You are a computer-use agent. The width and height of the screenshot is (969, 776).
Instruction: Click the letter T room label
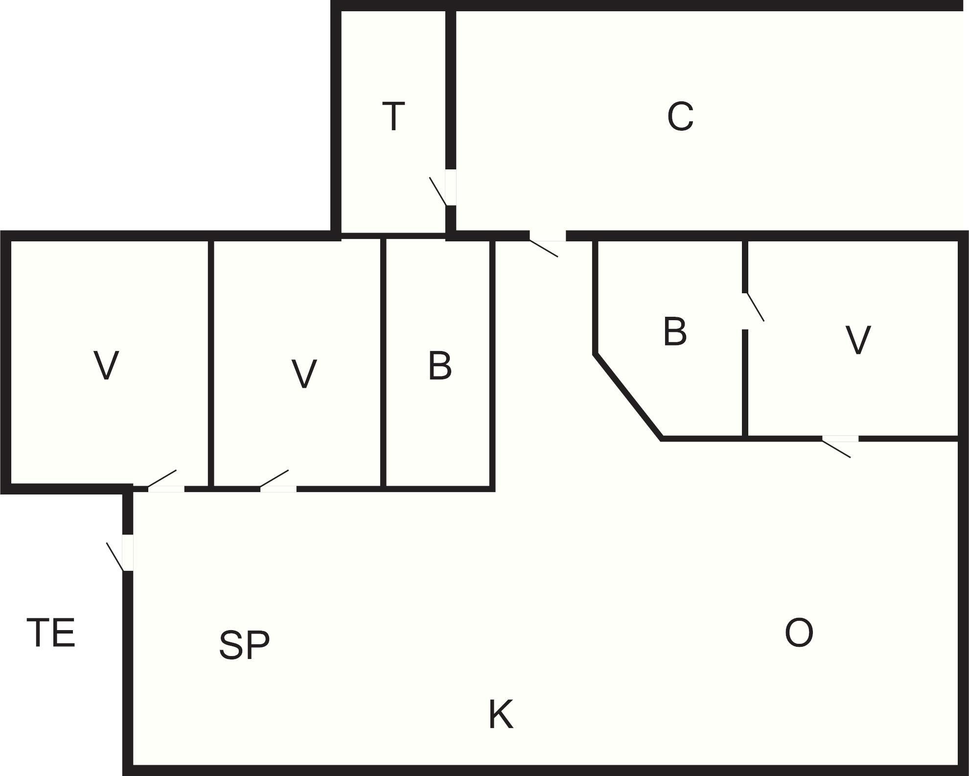click(x=393, y=116)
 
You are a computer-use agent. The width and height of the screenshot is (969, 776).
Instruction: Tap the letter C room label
click(x=680, y=116)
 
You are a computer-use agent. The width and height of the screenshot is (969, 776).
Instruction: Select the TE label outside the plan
click(x=51, y=633)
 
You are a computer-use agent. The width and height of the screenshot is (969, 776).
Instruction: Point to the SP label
click(x=244, y=644)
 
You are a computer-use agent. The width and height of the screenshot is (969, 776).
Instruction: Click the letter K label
click(x=501, y=714)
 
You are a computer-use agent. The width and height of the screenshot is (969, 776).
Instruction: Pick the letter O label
click(x=799, y=633)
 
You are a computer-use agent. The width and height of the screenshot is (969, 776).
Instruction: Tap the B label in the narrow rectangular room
click(x=440, y=365)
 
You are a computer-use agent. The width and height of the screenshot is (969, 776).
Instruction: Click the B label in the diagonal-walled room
click(x=675, y=331)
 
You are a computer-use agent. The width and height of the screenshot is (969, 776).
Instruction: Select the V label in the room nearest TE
click(x=106, y=365)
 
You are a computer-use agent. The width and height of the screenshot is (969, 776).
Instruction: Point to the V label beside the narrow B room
click(x=304, y=374)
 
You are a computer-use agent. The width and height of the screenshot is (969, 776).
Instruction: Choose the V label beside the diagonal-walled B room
click(x=858, y=340)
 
